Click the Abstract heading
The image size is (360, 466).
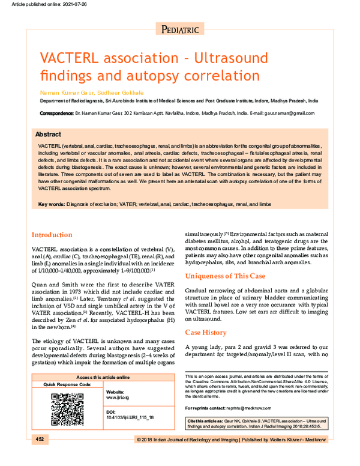coord(47,135)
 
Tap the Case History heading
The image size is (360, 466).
coord(206,332)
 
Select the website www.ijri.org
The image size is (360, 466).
coord(118,398)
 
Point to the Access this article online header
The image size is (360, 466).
coord(103,377)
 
